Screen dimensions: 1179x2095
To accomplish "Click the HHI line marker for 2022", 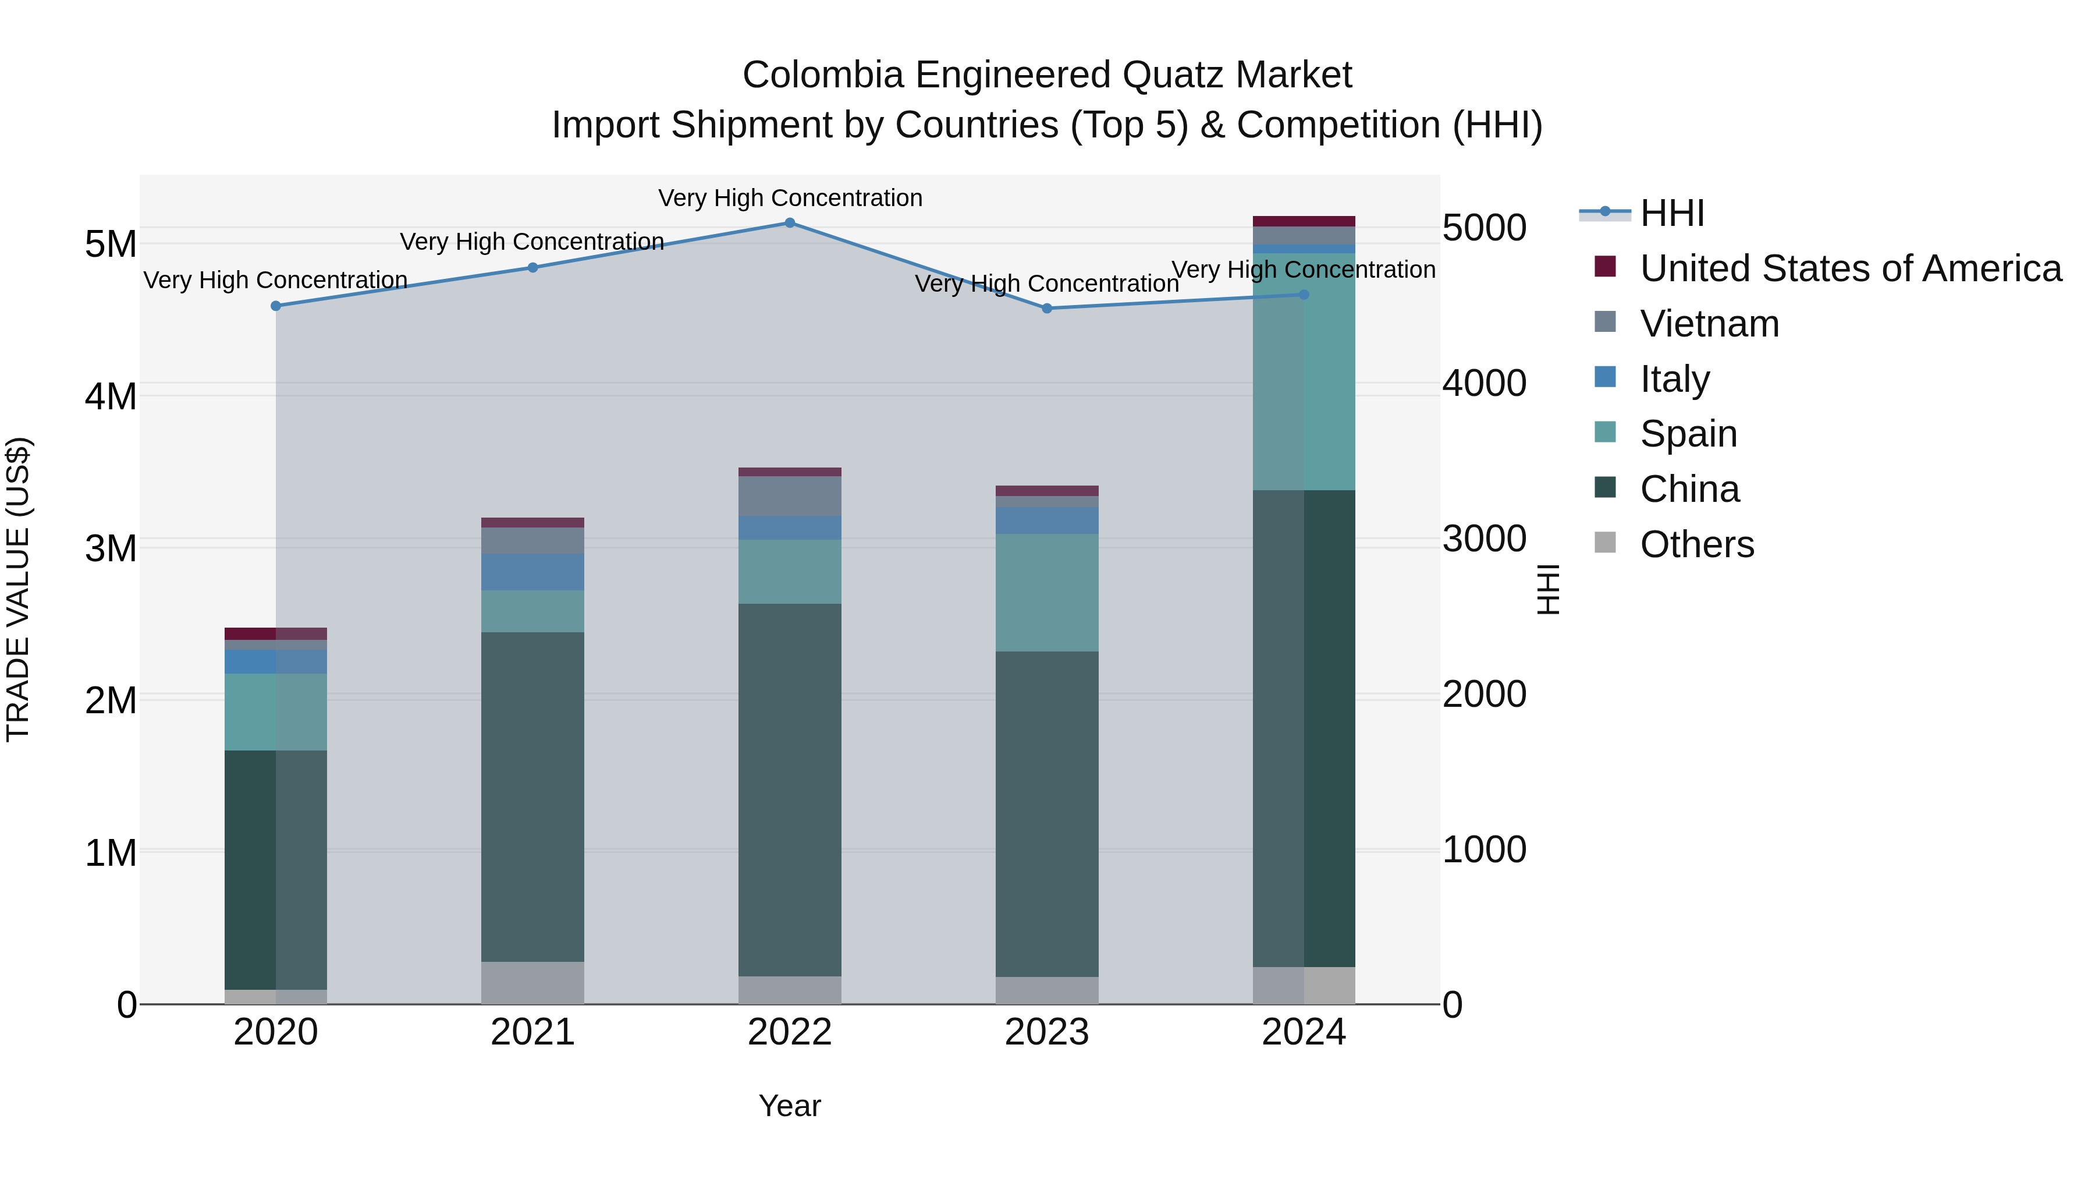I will pos(790,223).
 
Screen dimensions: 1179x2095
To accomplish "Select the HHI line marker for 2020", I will pos(276,306).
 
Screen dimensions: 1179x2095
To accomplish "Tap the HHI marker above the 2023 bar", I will pos(1047,309).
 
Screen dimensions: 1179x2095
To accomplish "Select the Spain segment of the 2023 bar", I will pos(1047,592).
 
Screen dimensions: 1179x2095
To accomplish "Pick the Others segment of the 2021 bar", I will pos(532,983).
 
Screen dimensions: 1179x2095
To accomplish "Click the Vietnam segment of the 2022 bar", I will pos(790,495).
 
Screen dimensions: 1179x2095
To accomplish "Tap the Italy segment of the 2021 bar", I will pos(532,572).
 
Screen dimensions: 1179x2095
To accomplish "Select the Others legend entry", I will pos(1696,544).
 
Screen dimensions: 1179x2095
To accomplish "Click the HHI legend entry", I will pos(1671,213).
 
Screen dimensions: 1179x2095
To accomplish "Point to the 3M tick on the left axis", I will pos(111,548).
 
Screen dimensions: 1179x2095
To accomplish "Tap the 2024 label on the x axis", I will pos(1304,1032).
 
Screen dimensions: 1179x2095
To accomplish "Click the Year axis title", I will pos(790,1106).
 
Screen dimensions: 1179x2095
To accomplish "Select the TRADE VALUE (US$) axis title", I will pos(18,589).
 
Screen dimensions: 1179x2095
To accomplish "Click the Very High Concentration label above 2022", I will pos(790,198).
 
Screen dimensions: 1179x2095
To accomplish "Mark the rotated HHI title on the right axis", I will pos(1547,589).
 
